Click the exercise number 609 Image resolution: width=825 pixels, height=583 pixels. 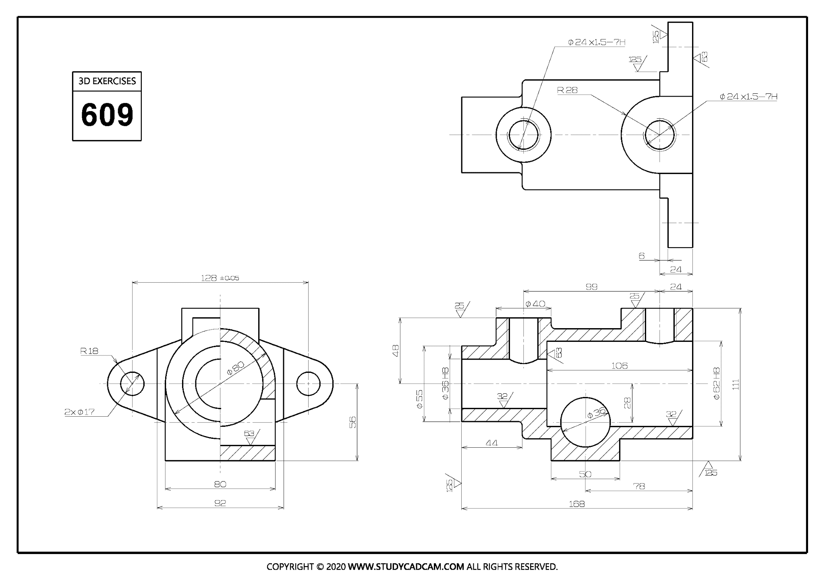pos(107,115)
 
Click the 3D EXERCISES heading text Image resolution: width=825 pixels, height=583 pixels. pos(107,81)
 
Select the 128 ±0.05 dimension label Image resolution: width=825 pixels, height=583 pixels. pos(220,278)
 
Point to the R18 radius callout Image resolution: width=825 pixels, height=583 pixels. pos(89,351)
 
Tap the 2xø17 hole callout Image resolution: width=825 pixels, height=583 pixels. pos(79,412)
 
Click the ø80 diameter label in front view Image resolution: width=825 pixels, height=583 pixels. pos(235,368)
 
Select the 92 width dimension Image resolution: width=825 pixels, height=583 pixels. pos(220,503)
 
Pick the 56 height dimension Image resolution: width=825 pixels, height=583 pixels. pos(352,422)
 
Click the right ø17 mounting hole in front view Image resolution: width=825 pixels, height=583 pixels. pos(308,384)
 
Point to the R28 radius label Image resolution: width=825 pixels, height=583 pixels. pos(567,90)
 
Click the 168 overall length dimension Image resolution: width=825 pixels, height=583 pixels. pos(576,504)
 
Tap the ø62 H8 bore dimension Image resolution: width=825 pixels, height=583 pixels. pos(716,383)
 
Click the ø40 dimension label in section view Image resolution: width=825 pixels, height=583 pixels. pos(535,304)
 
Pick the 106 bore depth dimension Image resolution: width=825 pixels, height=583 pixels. pos(619,366)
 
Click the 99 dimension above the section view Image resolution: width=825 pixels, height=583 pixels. pos(591,287)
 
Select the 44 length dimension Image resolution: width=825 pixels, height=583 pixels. pos(491,443)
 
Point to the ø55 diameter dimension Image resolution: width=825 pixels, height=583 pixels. pos(419,399)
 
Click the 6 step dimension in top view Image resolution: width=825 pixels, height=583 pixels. pos(642,256)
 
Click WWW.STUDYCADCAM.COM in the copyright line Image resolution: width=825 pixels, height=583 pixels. pos(406,567)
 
